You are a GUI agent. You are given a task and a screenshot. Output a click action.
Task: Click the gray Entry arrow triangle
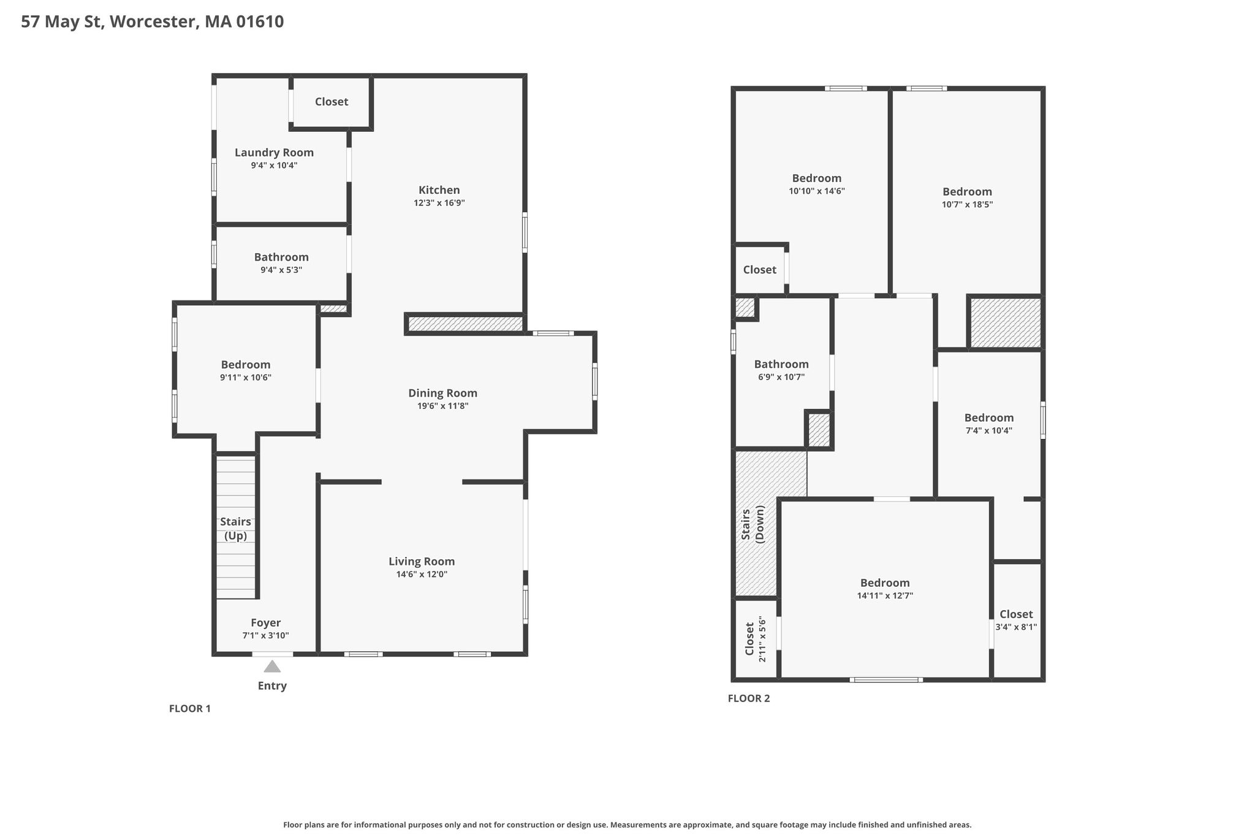point(272,667)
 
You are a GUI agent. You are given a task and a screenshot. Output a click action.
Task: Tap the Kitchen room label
point(439,190)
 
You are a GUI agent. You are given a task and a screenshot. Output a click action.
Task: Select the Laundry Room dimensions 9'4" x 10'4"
point(274,166)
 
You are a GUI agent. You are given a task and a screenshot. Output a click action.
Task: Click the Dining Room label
point(442,393)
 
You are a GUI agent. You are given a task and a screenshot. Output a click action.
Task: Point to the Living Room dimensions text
point(422,575)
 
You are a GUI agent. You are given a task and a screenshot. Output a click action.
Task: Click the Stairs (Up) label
point(235,529)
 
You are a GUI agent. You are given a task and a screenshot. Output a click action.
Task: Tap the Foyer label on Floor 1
point(265,623)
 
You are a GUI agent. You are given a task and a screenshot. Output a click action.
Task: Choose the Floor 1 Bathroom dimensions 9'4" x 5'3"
point(281,270)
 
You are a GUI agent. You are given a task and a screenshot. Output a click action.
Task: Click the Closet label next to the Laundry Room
point(332,102)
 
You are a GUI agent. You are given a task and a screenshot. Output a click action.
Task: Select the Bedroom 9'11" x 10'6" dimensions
point(246,378)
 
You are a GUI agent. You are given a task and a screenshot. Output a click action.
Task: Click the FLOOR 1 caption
point(190,709)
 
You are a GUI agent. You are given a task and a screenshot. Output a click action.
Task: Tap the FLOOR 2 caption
point(749,698)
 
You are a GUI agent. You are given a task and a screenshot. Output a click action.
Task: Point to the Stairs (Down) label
point(753,524)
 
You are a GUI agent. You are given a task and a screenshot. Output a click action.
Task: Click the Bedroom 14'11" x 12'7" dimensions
point(885,595)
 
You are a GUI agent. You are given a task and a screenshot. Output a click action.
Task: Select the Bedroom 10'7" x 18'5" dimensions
point(967,205)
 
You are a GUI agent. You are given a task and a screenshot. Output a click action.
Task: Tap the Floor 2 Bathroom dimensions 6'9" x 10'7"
point(781,377)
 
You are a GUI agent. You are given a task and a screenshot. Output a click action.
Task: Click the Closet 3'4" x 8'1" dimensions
point(1016,627)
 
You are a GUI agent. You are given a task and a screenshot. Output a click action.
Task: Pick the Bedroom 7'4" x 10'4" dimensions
point(988,430)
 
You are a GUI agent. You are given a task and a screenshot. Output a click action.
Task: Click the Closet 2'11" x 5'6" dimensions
point(762,639)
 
